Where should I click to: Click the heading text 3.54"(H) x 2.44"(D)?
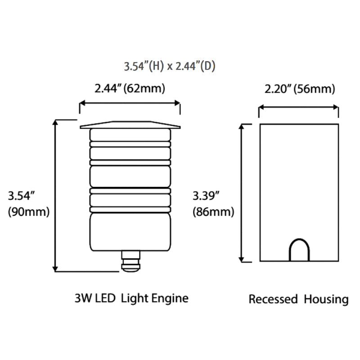[x=170, y=67]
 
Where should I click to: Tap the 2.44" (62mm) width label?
[x=130, y=89]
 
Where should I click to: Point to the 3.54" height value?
[x=22, y=196]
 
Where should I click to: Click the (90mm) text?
[x=28, y=211]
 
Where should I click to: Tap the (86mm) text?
[x=212, y=211]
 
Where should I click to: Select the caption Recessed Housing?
[x=298, y=299]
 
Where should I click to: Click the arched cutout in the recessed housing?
[x=299, y=250]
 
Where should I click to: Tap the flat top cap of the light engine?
[x=130, y=125]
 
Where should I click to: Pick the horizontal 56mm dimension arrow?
[x=298, y=108]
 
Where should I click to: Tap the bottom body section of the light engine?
[x=130, y=232]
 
